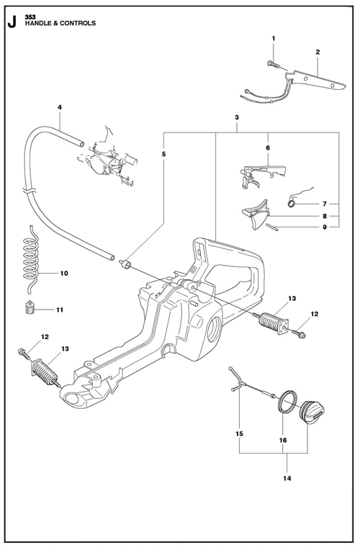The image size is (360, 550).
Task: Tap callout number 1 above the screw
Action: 274,37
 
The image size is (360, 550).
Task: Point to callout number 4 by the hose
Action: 60,107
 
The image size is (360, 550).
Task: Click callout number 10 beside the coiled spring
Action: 63,274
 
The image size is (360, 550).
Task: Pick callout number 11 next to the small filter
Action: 60,310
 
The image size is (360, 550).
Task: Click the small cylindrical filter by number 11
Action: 30,310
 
